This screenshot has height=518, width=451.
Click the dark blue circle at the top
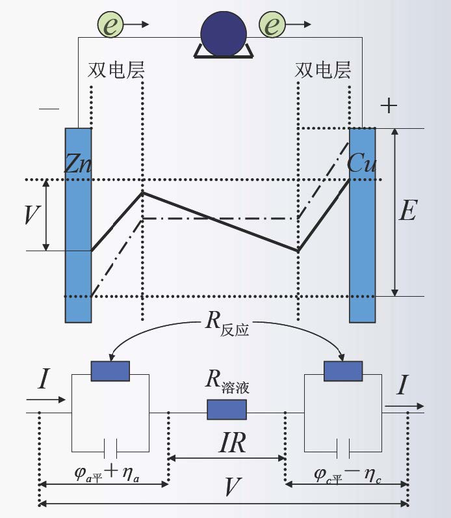pos(224,33)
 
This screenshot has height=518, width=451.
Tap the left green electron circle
pos(111,25)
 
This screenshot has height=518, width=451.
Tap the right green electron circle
pos(273,25)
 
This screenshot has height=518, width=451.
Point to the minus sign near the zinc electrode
pos(49,109)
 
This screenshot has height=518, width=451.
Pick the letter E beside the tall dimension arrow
pos(407,211)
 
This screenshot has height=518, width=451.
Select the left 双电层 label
pos(116,70)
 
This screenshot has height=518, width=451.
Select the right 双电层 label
pos(323,70)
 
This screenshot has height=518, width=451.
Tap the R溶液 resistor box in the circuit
pos(227,409)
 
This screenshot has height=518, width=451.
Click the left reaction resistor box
pos(110,370)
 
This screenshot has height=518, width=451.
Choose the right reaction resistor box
pos(343,370)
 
